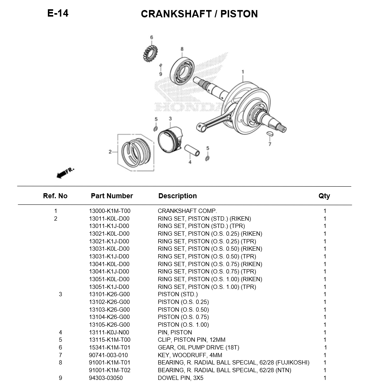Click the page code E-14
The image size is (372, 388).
[x=58, y=13]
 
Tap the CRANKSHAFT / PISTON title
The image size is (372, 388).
[x=199, y=14]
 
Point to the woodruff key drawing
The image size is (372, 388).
[x=270, y=134]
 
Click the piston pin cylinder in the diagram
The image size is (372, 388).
[x=192, y=150]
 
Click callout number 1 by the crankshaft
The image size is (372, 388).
[x=243, y=72]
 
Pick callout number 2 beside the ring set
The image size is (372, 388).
[x=110, y=152]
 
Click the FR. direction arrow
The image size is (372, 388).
[x=64, y=173]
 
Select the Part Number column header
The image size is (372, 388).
[x=112, y=196]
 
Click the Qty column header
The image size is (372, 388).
[x=324, y=196]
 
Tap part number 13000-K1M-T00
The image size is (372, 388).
[x=110, y=211]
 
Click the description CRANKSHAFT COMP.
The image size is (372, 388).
[x=187, y=211]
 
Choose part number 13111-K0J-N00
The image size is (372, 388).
[x=109, y=332]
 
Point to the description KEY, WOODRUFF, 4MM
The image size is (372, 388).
[x=190, y=355]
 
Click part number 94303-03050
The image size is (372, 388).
[x=106, y=378]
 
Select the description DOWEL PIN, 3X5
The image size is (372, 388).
[x=180, y=378]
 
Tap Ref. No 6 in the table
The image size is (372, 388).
[x=60, y=347]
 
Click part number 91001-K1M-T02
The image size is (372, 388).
[x=110, y=370]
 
